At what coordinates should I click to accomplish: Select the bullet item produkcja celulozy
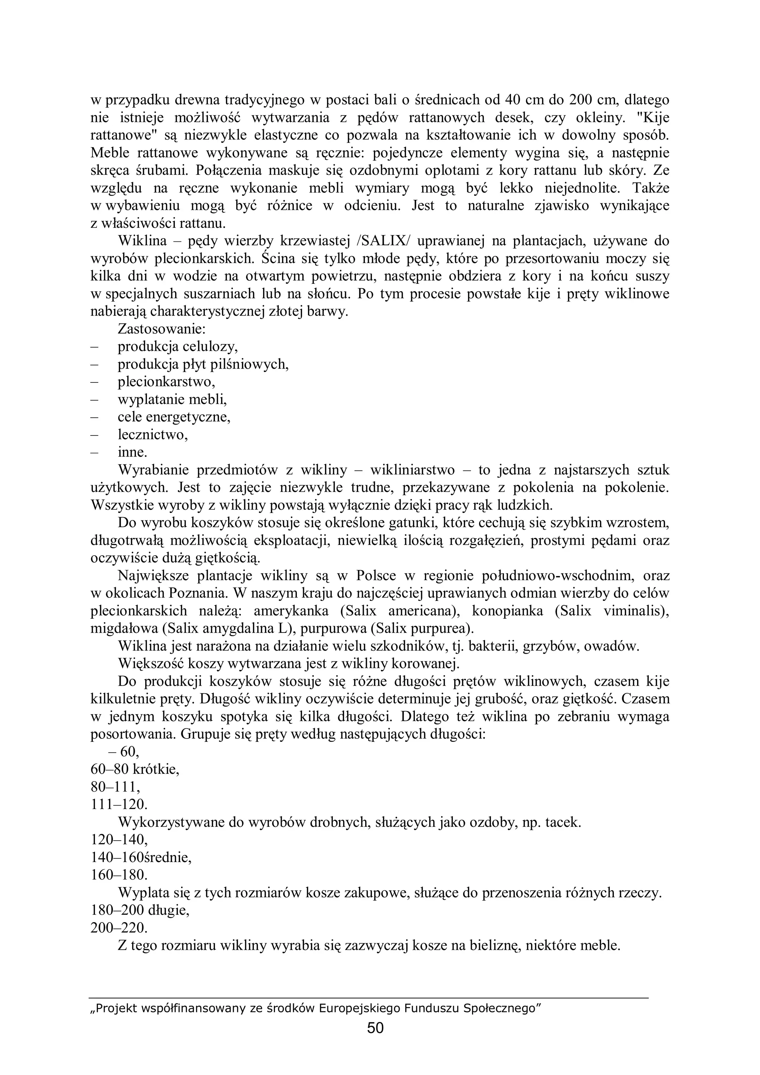tap(178, 347)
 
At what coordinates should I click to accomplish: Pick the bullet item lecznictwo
tap(153, 435)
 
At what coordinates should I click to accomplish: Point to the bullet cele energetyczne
tap(174, 417)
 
